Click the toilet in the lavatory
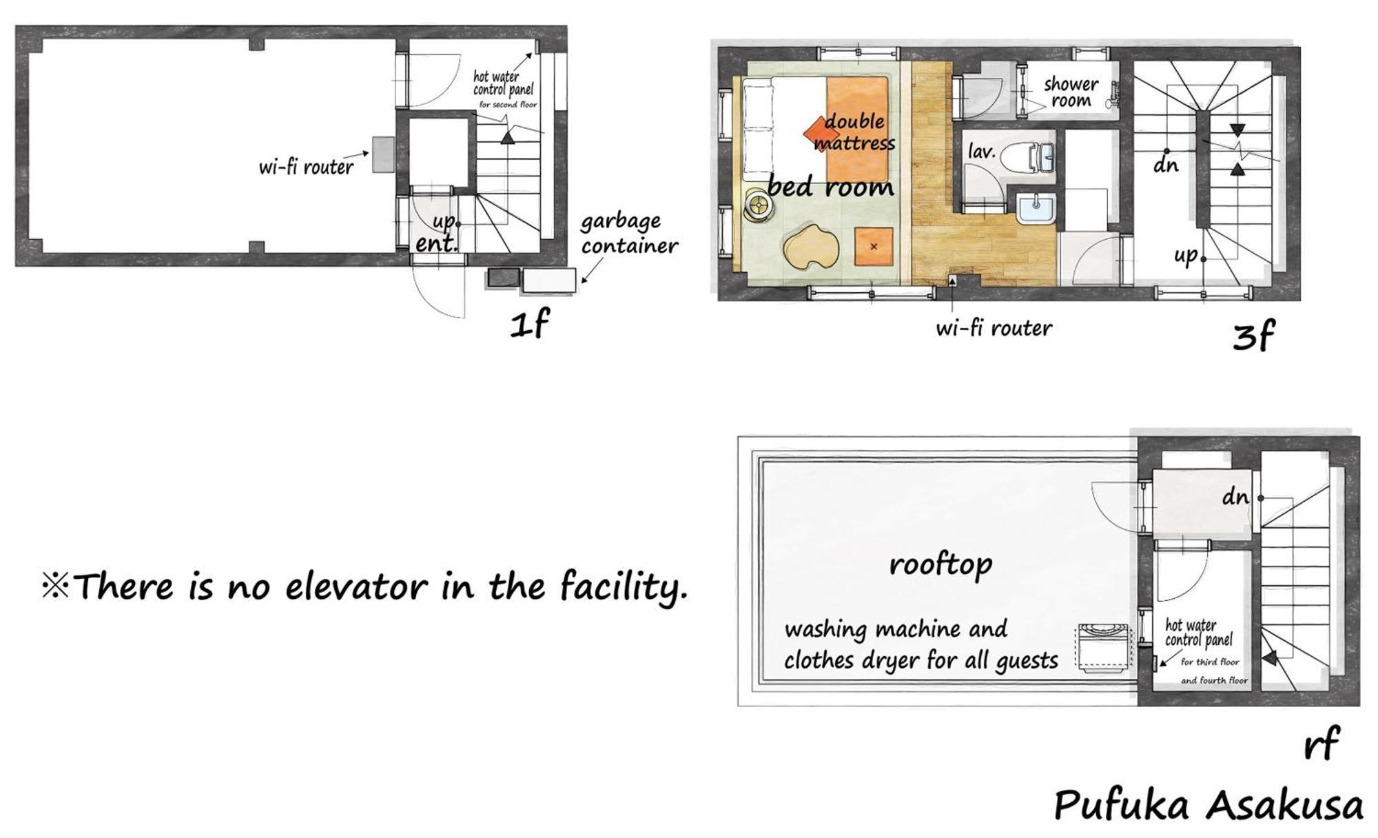click(1026, 158)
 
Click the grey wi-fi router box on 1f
click(383, 154)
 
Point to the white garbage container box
click(549, 280)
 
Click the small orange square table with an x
click(874, 246)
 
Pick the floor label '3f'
click(1253, 336)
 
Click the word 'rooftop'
click(940, 565)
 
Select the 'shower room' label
click(1071, 92)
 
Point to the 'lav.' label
click(982, 151)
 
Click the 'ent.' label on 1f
click(436, 243)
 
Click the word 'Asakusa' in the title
click(1286, 806)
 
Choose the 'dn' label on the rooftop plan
click(1235, 497)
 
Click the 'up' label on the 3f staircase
click(1186, 256)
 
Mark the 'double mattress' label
click(854, 132)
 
